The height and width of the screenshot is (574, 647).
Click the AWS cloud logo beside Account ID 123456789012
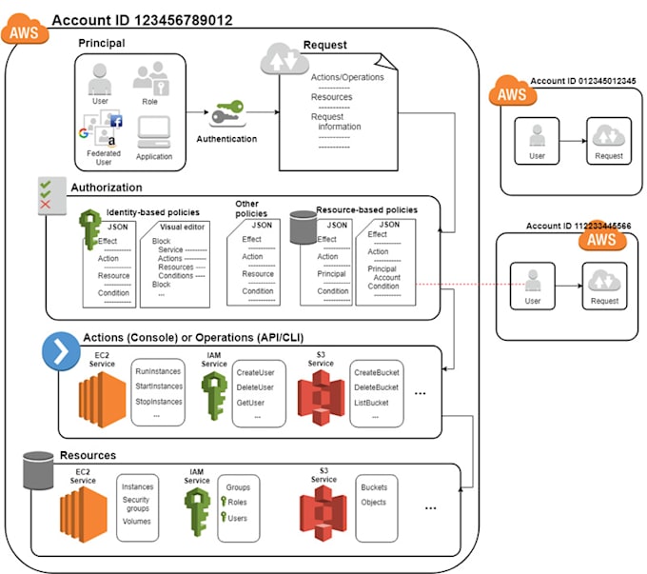click(x=23, y=31)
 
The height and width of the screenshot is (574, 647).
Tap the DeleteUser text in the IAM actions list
click(x=255, y=386)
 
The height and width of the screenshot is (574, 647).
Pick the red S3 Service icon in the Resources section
click(x=322, y=516)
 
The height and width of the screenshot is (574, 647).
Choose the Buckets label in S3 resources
click(x=374, y=487)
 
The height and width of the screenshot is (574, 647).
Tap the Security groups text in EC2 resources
click(x=136, y=505)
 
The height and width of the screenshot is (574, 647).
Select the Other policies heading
click(x=251, y=208)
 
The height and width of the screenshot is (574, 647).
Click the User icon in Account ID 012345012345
click(x=537, y=137)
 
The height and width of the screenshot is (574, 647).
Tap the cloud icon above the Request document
click(x=277, y=60)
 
